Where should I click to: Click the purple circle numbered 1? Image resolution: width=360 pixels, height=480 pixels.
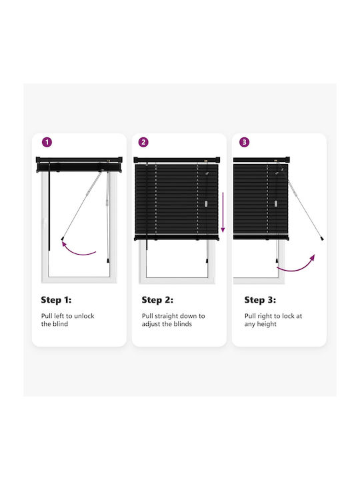tap(47, 142)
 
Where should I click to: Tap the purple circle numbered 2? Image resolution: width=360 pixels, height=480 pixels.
tap(143, 142)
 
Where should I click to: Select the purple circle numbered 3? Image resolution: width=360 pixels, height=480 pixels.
tap(244, 142)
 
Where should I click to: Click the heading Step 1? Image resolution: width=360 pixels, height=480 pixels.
tap(56, 300)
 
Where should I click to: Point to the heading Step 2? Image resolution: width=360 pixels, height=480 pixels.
tap(157, 300)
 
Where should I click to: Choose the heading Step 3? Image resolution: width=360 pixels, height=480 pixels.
tap(260, 300)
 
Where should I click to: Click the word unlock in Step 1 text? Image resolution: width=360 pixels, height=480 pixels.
tap(84, 316)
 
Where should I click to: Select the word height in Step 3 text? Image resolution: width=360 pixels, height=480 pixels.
tap(266, 324)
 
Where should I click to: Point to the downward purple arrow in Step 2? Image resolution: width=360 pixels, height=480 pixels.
tap(223, 212)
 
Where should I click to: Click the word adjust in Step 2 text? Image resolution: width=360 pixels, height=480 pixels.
tap(151, 324)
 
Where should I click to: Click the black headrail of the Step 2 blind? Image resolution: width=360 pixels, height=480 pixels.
tap(177, 160)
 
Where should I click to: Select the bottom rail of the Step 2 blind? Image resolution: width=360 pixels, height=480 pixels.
tap(177, 237)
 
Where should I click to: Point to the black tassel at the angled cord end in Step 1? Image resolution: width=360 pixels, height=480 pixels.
tap(63, 238)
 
